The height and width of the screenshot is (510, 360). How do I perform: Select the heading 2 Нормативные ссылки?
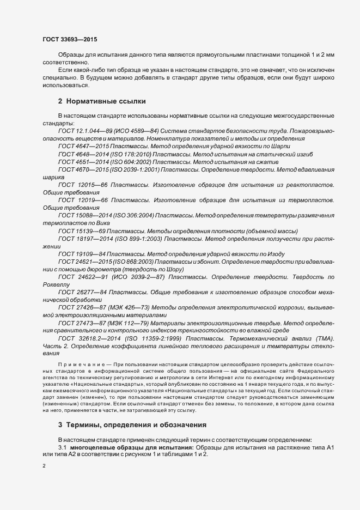point(101,101)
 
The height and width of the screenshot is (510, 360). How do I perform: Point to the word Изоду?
point(273,254)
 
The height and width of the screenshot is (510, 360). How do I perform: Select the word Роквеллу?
point(56,284)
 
